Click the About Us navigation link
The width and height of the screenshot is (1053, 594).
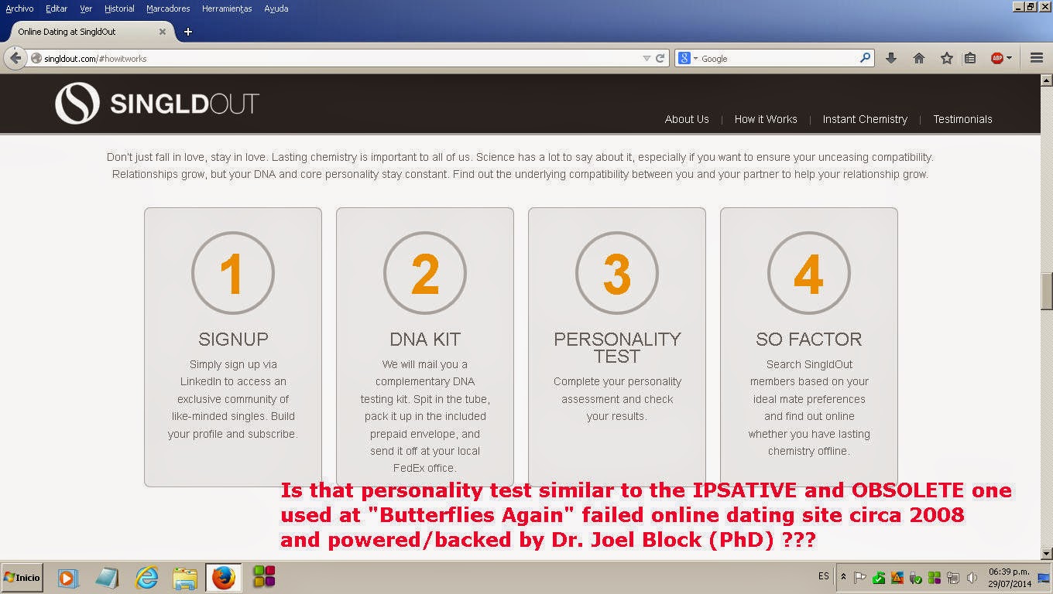click(686, 119)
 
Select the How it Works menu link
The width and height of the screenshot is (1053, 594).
click(766, 119)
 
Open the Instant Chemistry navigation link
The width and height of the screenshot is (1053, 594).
click(865, 119)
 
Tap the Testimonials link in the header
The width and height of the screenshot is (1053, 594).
click(962, 119)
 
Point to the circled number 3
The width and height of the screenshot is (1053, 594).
click(617, 273)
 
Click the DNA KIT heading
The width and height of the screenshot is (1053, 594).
click(425, 339)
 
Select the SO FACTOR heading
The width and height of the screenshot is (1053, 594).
click(808, 339)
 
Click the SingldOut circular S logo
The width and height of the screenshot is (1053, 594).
click(77, 104)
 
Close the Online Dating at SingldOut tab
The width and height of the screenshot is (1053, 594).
click(162, 32)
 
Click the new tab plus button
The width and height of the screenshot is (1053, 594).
click(188, 32)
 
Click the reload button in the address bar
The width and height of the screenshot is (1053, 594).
click(660, 58)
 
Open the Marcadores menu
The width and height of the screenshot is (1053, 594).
click(168, 9)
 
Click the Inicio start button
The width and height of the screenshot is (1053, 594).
click(22, 578)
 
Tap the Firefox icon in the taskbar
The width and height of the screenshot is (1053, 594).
click(223, 578)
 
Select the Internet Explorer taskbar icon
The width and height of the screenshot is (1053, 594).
click(146, 578)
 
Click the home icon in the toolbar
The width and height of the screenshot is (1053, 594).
click(918, 58)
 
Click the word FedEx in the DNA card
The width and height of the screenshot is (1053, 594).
click(408, 468)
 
